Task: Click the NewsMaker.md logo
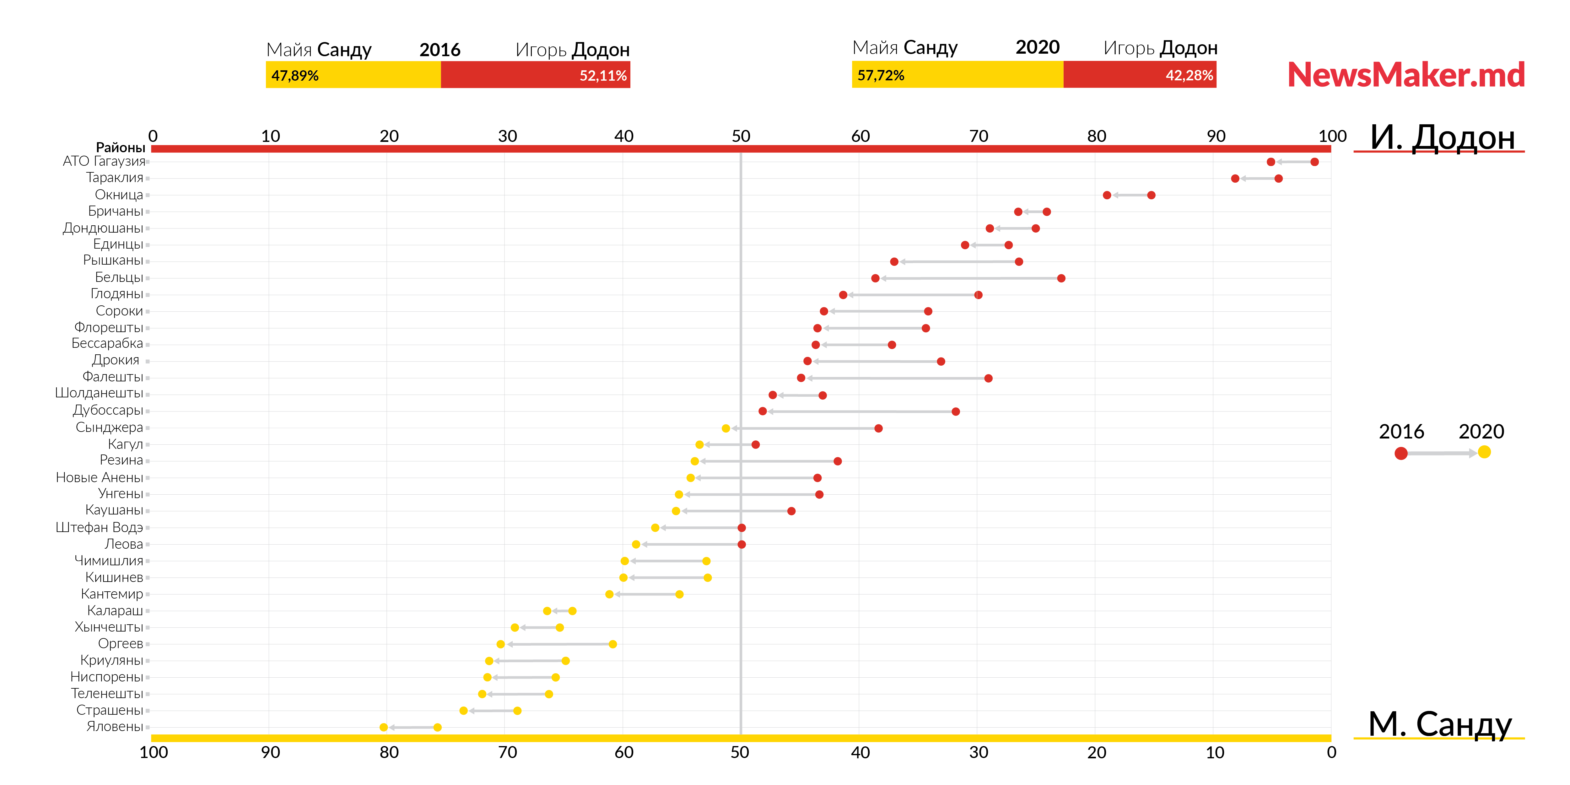click(x=1405, y=75)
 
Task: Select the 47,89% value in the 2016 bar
click(x=295, y=76)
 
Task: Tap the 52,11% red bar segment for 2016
click(x=536, y=75)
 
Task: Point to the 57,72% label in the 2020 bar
click(x=881, y=76)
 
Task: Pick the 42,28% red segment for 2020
click(x=1140, y=75)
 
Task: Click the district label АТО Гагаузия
click(x=104, y=161)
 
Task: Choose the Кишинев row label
click(x=114, y=577)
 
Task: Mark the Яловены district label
click(x=115, y=727)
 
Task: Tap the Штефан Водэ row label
click(x=99, y=527)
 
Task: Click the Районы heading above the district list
click(x=120, y=148)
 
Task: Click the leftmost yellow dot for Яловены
click(x=383, y=727)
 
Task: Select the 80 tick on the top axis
click(x=1097, y=136)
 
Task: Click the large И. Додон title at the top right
click(x=1442, y=137)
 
